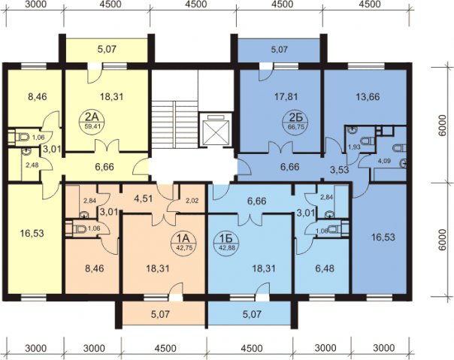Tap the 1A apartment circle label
(x=183, y=243)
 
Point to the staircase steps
(x=175, y=125)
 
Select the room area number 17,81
(x=286, y=96)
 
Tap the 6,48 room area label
(x=324, y=268)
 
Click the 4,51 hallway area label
(x=144, y=200)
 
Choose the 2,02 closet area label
(x=192, y=201)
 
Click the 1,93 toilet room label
(x=354, y=147)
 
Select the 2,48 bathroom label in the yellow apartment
(x=32, y=165)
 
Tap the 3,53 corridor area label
(x=339, y=170)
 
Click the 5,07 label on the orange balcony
(x=160, y=314)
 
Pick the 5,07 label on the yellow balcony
(x=107, y=49)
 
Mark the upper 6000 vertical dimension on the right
(x=441, y=125)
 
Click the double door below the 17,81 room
(x=280, y=147)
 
